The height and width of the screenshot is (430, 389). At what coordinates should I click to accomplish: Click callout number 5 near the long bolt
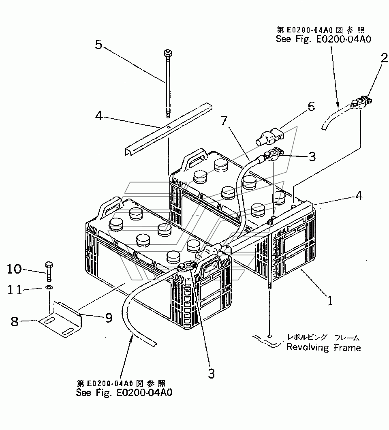[x=99, y=45]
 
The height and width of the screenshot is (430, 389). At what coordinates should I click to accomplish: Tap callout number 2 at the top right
[x=384, y=58]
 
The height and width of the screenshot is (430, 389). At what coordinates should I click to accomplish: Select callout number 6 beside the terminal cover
[x=311, y=107]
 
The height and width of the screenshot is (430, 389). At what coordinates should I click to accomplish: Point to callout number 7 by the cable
[x=224, y=120]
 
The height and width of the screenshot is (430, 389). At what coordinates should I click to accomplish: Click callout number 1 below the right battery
[x=330, y=301]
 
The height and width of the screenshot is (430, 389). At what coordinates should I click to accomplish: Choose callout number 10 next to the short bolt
[x=14, y=269]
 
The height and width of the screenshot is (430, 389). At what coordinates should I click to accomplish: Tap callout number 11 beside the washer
[x=15, y=290]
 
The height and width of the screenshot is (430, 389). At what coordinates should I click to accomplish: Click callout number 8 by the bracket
[x=15, y=321]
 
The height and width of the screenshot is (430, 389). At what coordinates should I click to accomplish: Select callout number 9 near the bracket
[x=109, y=318]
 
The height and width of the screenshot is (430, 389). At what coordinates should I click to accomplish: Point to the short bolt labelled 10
[x=49, y=272]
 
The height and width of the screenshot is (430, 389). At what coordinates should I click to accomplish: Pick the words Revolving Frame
[x=323, y=348]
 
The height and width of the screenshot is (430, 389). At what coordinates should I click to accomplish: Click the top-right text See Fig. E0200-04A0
[x=323, y=39]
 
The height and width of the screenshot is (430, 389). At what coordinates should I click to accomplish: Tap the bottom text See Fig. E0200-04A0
[x=124, y=392]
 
